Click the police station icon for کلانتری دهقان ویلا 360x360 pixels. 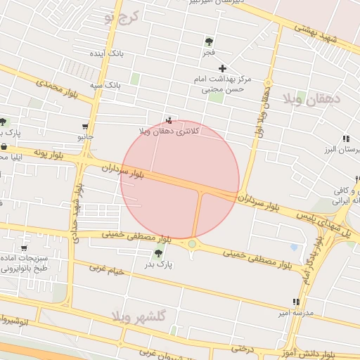coord(168,120)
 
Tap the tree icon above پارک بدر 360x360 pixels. coord(158,253)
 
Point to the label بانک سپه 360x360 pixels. coord(105,86)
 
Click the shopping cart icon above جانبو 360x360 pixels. coord(85,127)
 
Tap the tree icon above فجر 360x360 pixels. coord(209,41)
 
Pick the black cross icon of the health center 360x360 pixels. coord(223,68)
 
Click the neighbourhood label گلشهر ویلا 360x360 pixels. coord(143,316)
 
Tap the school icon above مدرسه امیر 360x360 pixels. coord(296,302)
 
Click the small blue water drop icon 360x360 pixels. coord(294,247)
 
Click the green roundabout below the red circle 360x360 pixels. coord(192,244)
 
